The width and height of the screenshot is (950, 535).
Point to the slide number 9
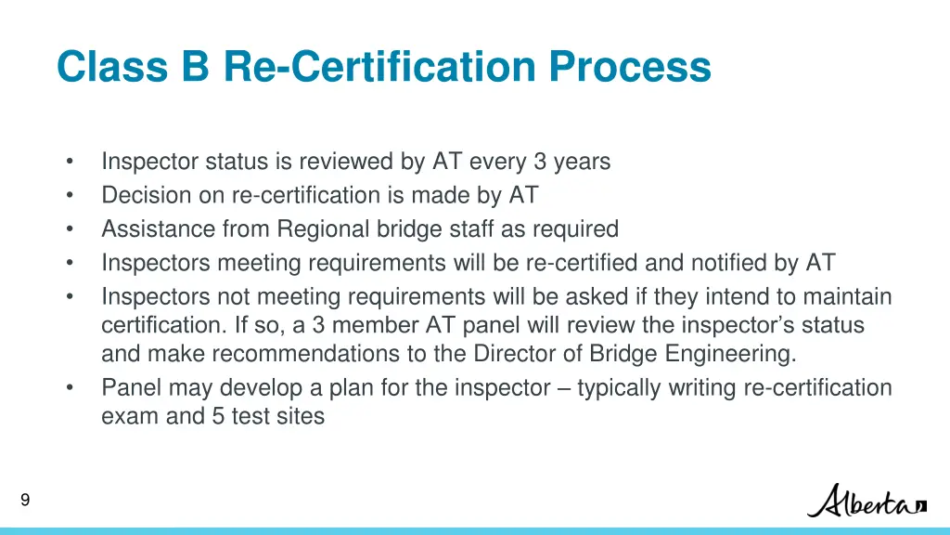pyautogui.click(x=25, y=501)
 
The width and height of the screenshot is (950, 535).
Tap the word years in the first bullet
pyautogui.click(x=583, y=162)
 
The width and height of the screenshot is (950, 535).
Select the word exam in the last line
pyautogui.click(x=130, y=416)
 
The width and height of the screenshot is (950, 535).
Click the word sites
pyautogui.click(x=300, y=416)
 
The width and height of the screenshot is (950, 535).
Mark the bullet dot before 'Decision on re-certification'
pyautogui.click(x=70, y=195)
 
